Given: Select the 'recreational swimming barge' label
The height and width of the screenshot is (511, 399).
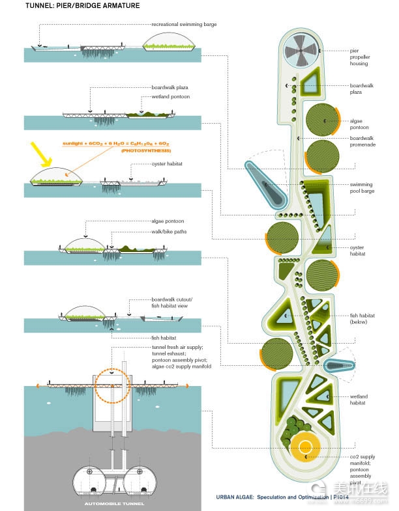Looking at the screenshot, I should point(184,24).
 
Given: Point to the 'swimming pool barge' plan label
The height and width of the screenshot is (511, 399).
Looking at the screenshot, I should point(362,188).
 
